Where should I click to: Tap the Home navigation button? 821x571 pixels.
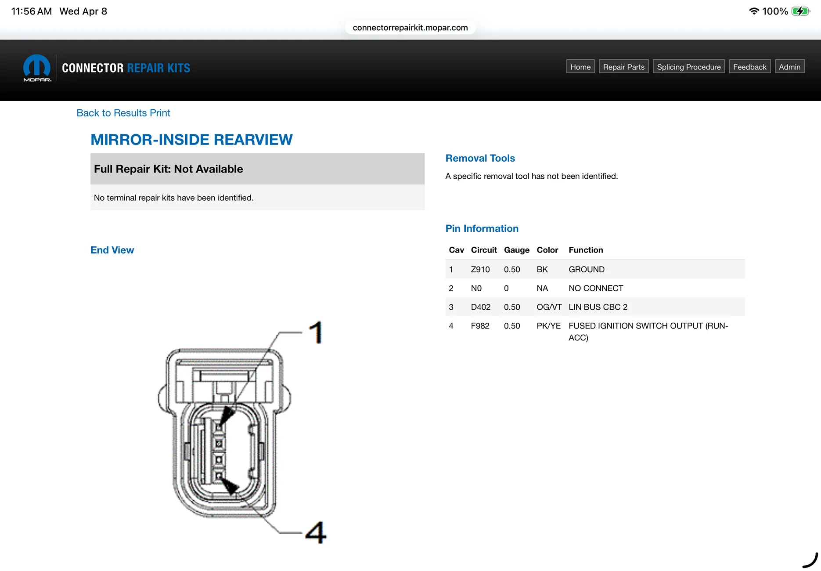click(580, 67)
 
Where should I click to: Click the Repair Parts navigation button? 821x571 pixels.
click(624, 67)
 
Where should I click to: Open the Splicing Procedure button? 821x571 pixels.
click(689, 67)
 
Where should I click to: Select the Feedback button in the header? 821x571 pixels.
click(750, 67)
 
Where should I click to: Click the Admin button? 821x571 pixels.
click(790, 67)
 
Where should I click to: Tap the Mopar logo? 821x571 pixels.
click(37, 68)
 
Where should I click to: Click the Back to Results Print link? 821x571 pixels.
click(123, 113)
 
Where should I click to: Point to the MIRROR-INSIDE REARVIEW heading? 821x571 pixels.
click(191, 140)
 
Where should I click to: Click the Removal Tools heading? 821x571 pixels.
click(480, 158)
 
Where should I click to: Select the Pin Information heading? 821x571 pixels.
click(482, 228)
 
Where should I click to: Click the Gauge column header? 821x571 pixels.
click(517, 250)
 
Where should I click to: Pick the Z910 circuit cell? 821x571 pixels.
click(480, 269)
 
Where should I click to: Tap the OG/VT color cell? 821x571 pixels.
click(549, 307)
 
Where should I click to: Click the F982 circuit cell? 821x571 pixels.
click(480, 326)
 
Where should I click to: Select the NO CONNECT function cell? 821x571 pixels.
click(596, 288)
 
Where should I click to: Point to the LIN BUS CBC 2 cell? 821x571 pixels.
click(598, 307)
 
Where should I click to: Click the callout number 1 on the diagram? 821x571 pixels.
click(316, 332)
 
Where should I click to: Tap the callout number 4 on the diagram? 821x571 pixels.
click(316, 532)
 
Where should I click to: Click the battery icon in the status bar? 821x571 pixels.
click(801, 11)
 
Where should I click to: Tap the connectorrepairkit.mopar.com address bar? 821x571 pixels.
click(410, 28)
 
